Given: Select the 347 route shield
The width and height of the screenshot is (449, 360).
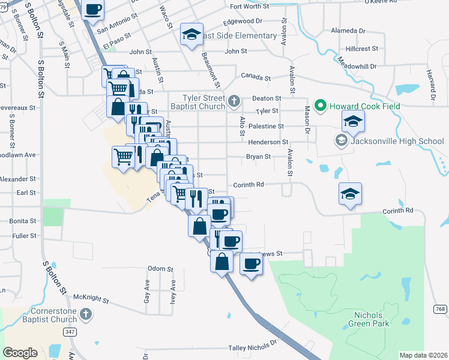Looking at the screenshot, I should pos(71,331).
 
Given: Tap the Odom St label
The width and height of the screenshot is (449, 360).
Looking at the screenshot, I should pos(160,269).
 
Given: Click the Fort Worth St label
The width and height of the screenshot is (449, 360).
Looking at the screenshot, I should pos(251,7).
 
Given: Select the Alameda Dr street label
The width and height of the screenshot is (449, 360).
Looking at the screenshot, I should pos(348,31).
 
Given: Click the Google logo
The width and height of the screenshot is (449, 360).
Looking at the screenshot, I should pos(20,353).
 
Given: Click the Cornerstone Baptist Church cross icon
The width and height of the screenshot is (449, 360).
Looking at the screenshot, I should pos(86,314).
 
